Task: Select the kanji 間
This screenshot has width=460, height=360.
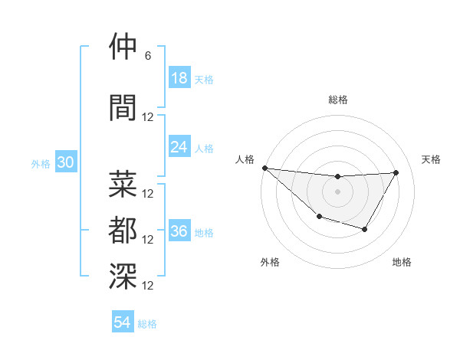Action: (x=123, y=107)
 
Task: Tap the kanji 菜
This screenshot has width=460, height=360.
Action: (x=123, y=184)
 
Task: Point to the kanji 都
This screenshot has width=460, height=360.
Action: (x=123, y=231)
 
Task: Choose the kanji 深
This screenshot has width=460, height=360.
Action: (x=123, y=277)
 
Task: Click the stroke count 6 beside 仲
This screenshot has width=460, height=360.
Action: (x=148, y=56)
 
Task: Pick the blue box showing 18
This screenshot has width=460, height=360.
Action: (x=179, y=78)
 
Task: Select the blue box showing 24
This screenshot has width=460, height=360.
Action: (x=179, y=147)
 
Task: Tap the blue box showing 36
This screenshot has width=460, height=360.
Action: (x=179, y=231)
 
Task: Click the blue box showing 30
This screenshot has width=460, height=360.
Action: (x=66, y=163)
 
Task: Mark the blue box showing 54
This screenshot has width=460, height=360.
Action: (x=123, y=323)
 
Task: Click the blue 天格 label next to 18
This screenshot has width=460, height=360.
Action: (x=204, y=79)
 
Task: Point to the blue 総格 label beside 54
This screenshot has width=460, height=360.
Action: (x=147, y=324)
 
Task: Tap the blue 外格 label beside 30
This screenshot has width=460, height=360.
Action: (x=41, y=164)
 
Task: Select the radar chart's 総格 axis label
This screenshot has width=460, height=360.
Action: (x=337, y=100)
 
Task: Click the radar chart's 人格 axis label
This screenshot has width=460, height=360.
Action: (x=245, y=159)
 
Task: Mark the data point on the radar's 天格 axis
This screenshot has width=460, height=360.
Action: (x=396, y=172)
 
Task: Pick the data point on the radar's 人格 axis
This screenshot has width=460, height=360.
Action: (x=264, y=168)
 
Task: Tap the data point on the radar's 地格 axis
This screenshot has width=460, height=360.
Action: (x=365, y=229)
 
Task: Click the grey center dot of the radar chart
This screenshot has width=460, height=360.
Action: (x=337, y=191)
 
